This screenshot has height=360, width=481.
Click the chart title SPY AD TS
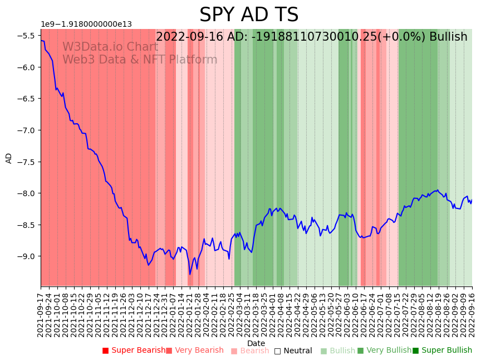(x=249, y=15)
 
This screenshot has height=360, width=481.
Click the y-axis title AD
(x=9, y=158)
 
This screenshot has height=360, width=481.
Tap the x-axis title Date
(x=256, y=343)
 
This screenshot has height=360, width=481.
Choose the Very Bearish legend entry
(x=194, y=351)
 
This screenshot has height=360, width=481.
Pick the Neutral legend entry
(x=293, y=351)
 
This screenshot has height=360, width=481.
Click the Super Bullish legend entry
(x=442, y=351)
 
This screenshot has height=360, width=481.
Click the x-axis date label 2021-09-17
(x=41, y=312)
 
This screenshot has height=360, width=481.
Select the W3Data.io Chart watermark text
(x=110, y=47)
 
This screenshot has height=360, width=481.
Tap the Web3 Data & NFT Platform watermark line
(x=140, y=60)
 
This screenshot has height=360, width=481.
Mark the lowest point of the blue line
(x=190, y=274)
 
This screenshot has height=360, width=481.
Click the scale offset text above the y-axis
(x=86, y=25)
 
